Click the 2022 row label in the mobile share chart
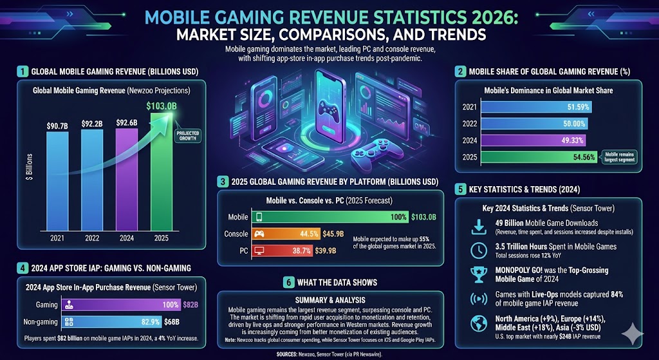[470, 124]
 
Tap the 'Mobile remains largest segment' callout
[620, 156]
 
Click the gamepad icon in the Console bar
[259, 234]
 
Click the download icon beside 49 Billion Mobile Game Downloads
[479, 226]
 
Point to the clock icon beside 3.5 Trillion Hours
[479, 251]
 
